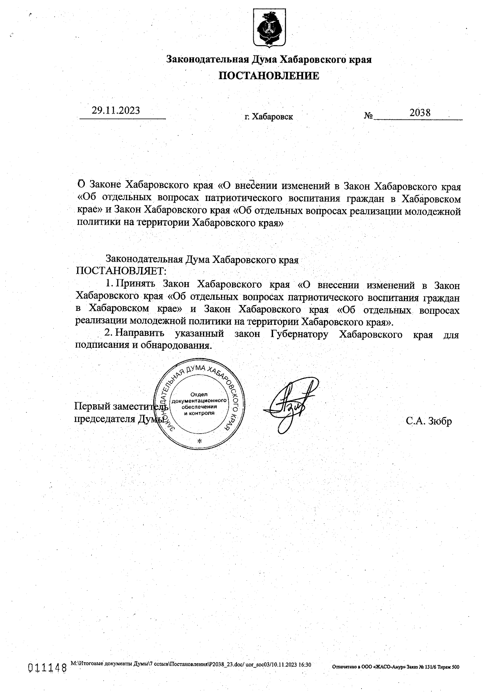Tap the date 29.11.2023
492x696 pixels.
(x=116, y=110)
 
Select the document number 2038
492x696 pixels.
(x=420, y=112)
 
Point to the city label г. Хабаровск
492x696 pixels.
(x=269, y=117)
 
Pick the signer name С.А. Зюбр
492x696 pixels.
(x=429, y=421)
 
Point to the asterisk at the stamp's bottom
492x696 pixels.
(x=200, y=441)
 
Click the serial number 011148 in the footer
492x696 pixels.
(x=47, y=668)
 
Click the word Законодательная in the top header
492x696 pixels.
(x=207, y=59)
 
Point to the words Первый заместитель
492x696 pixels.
(x=121, y=406)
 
